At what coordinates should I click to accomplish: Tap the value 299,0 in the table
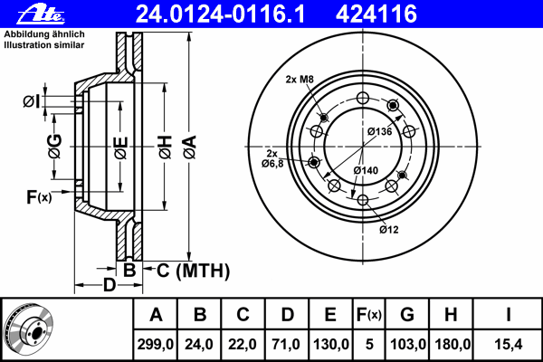[156, 344]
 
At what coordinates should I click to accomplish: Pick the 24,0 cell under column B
[200, 344]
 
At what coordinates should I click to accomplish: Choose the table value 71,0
[287, 344]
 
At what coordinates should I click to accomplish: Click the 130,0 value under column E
[330, 344]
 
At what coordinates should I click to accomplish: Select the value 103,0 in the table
[408, 344]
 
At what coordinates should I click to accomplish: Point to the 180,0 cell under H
[452, 344]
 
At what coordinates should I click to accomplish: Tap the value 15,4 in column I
[509, 344]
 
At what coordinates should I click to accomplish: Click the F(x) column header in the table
[368, 315]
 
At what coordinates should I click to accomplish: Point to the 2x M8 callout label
[299, 80]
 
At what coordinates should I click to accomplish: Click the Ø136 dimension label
[378, 132]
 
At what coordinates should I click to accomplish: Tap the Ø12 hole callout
[389, 229]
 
